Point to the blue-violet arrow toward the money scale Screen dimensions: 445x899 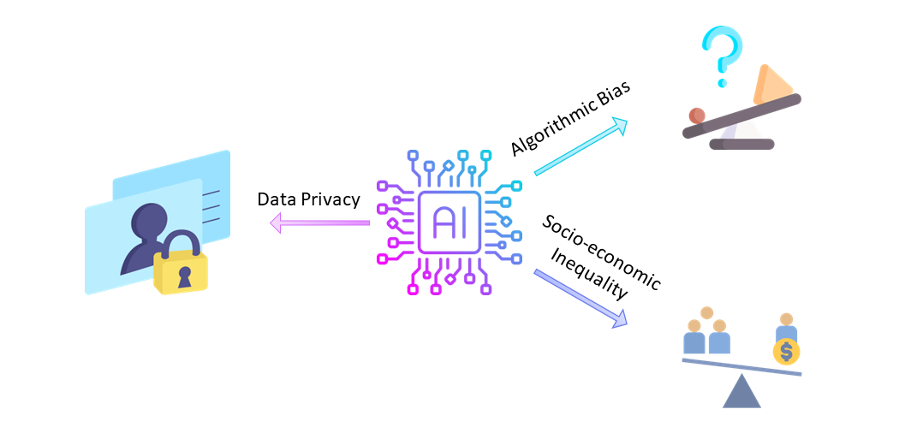click(x=581, y=297)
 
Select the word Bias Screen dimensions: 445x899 click(x=615, y=92)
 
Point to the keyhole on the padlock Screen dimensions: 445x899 click(x=182, y=276)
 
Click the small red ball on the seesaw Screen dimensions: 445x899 click(x=697, y=115)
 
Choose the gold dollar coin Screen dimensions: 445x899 click(x=786, y=351)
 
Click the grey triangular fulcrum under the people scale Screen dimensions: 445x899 click(x=741, y=392)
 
